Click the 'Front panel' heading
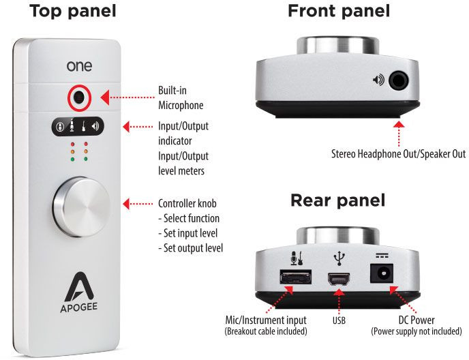339,12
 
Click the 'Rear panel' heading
337,200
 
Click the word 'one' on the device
80,66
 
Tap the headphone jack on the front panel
399,80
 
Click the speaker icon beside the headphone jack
377,80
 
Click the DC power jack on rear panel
382,275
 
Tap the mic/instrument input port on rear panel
294,277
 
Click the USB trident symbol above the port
337,259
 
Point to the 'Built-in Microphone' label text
181,98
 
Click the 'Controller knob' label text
189,204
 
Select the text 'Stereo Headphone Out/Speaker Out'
399,154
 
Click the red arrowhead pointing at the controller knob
126,204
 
